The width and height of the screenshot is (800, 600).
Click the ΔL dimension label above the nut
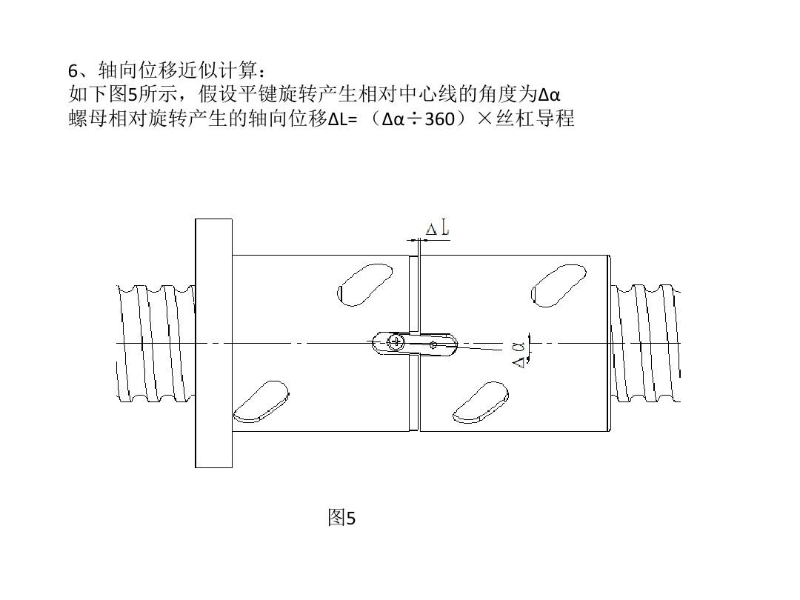pyautogui.click(x=438, y=228)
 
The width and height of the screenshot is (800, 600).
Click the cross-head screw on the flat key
pyautogui.click(x=396, y=341)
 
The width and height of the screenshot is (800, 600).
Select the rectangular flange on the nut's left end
pyautogui.click(x=214, y=343)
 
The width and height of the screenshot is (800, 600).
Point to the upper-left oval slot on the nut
pyautogui.click(x=364, y=284)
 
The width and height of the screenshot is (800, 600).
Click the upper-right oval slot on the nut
pyautogui.click(x=559, y=285)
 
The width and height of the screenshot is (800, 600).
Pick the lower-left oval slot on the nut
pyautogui.click(x=261, y=401)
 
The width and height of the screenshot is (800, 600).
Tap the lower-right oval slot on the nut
pyautogui.click(x=480, y=402)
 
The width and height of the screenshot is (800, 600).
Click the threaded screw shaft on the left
pyautogui.click(x=156, y=344)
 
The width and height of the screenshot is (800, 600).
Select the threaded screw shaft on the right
pyautogui.click(x=645, y=344)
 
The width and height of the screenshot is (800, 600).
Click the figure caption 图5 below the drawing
pyautogui.click(x=341, y=517)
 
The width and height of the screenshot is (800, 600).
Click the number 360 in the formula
pyautogui.click(x=439, y=119)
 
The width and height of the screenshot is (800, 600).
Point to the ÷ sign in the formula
pyautogui.click(x=414, y=119)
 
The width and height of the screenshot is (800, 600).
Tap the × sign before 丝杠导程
pyautogui.click(x=485, y=119)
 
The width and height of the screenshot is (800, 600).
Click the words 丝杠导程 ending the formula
pyautogui.click(x=536, y=119)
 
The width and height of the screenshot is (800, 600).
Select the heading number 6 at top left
pyautogui.click(x=73, y=71)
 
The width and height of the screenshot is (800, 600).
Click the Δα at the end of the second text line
pyautogui.click(x=549, y=95)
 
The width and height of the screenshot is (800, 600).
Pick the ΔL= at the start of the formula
pyautogui.click(x=342, y=119)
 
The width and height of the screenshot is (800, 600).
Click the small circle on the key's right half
pyautogui.click(x=433, y=345)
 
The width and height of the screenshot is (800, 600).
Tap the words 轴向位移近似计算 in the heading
pyautogui.click(x=178, y=70)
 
